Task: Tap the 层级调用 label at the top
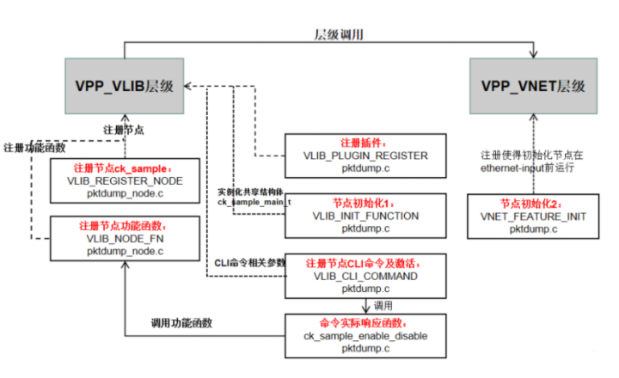339,35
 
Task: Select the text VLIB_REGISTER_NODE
125,182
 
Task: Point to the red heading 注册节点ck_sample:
123,168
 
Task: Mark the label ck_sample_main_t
254,200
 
